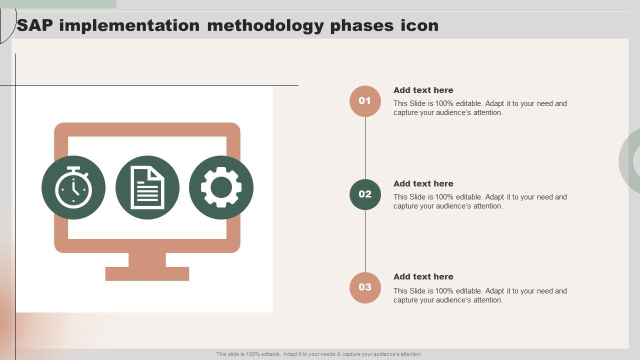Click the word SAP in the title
[x=35, y=25]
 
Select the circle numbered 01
[x=365, y=101]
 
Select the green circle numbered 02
[x=365, y=194]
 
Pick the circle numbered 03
[x=365, y=287]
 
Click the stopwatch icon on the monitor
[x=73, y=188]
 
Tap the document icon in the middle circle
[x=147, y=188]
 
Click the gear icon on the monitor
[x=221, y=187]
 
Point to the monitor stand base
[x=147, y=274]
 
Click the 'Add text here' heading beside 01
[x=423, y=90]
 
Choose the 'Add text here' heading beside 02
[x=423, y=183]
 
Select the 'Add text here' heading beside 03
[x=423, y=276]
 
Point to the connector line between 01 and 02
[x=365, y=148]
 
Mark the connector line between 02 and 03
[x=365, y=241]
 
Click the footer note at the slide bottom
[x=319, y=354]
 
